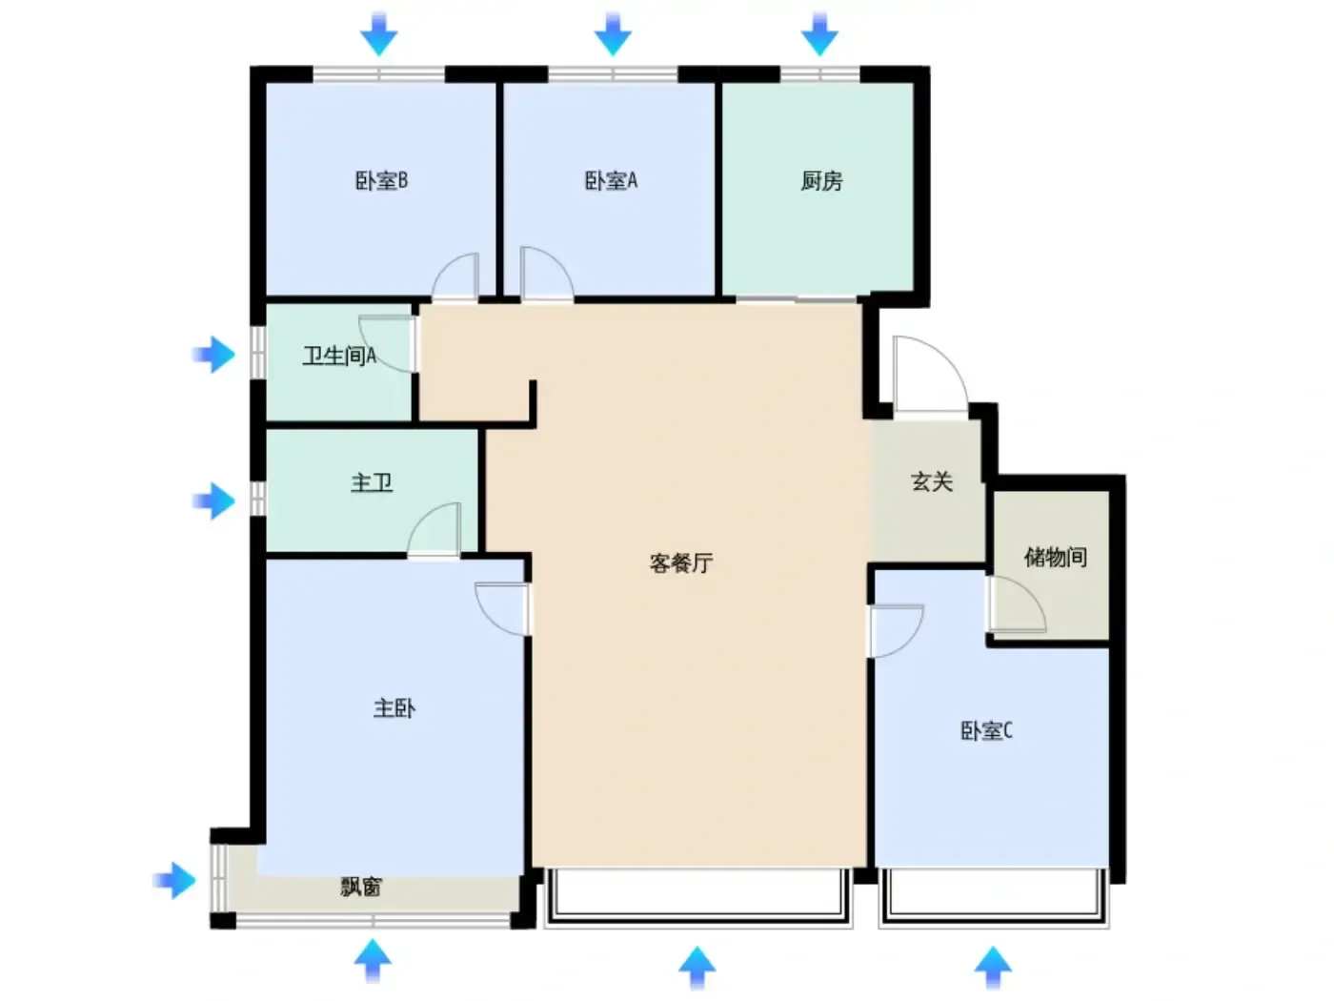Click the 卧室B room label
(381, 181)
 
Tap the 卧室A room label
(611, 181)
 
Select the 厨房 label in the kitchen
(821, 181)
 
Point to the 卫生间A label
(339, 356)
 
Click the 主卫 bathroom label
(372, 483)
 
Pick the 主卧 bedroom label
(394, 708)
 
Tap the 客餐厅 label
(681, 563)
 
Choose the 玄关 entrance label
(932, 481)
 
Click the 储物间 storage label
(1055, 557)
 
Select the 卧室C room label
(986, 730)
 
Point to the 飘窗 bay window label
(361, 888)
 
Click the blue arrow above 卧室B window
(379, 34)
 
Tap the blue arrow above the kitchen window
(819, 34)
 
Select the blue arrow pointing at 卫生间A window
(214, 354)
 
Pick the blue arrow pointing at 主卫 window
(214, 500)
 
